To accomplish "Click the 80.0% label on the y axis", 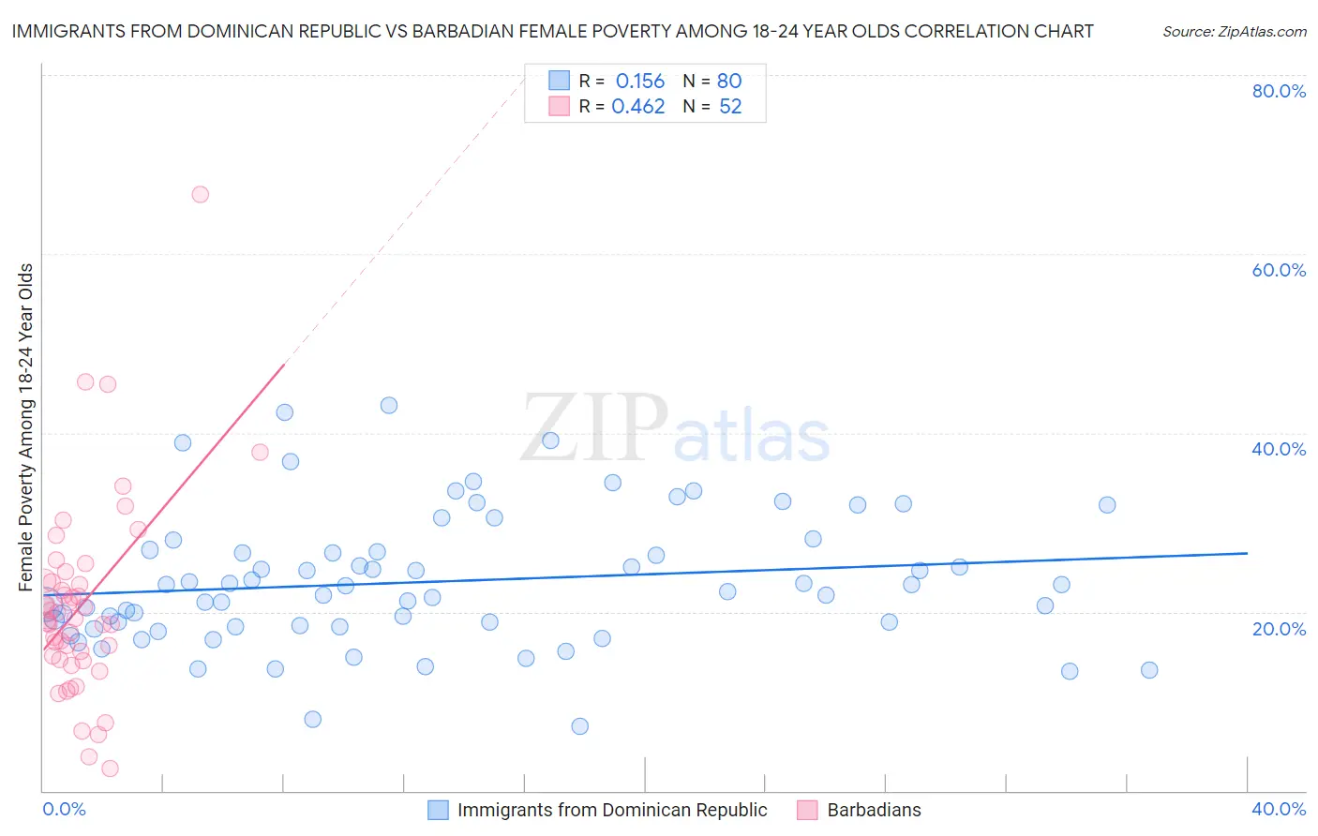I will coord(1279,91).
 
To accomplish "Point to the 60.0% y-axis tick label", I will coord(1279,270).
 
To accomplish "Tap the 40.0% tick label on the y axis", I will coord(1279,449).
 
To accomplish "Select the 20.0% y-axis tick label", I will coord(1279,628).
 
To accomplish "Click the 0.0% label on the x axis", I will coord(64,809).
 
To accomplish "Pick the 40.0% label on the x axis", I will coord(1279,809).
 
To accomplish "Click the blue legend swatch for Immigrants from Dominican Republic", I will coord(438,810).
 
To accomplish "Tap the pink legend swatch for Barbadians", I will coord(807,810).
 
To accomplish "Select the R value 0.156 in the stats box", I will coord(639,82).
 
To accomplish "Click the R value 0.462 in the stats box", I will coord(637,107).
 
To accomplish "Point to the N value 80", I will coord(729,82).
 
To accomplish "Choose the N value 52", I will coord(730,107).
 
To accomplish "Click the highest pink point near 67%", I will coord(200,195).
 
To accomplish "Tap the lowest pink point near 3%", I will coord(110,769).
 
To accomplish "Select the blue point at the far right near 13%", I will coord(1149,670).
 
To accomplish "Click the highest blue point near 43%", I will coord(389,406).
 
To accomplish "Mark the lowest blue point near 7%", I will coord(579,726).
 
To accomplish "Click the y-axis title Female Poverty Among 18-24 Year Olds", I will coord(26,427).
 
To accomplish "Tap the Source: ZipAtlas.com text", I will coord(1234,32).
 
